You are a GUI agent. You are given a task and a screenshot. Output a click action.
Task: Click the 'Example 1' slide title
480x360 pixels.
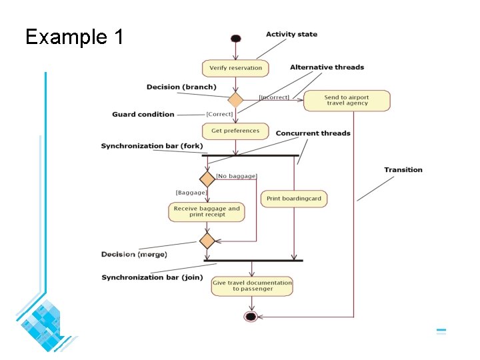75,37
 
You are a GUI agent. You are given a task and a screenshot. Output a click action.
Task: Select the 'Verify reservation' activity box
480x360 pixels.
235,68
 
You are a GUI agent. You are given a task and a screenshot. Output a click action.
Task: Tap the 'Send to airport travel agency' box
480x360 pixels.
347,101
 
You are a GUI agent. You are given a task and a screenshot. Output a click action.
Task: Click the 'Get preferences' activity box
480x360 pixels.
235,131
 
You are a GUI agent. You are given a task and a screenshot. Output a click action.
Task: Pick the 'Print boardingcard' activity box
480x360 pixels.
294,199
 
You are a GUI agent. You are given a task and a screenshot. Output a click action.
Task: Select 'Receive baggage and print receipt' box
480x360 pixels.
207,212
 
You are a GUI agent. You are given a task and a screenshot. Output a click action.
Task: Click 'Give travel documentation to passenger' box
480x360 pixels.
252,285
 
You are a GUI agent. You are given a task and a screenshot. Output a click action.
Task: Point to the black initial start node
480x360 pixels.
235,39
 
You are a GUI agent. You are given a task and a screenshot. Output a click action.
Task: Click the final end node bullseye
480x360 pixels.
251,316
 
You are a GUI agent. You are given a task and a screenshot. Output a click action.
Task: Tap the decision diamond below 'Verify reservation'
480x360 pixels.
235,100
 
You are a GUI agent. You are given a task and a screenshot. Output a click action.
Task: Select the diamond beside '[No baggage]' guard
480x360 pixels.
207,179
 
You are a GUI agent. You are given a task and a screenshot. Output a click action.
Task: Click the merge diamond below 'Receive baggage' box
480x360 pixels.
207,240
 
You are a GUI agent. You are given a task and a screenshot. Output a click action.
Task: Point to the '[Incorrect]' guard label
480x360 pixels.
274,97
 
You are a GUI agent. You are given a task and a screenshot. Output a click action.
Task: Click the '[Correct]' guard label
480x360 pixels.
219,114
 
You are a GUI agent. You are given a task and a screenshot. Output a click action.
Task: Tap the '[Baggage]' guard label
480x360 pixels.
191,192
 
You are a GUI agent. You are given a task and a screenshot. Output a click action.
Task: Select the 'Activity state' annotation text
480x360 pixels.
291,34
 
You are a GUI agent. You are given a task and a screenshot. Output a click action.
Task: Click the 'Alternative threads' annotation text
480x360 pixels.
327,67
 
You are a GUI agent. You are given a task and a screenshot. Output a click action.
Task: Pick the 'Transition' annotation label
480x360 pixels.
403,170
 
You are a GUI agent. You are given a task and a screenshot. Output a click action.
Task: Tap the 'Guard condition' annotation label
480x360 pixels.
143,115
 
